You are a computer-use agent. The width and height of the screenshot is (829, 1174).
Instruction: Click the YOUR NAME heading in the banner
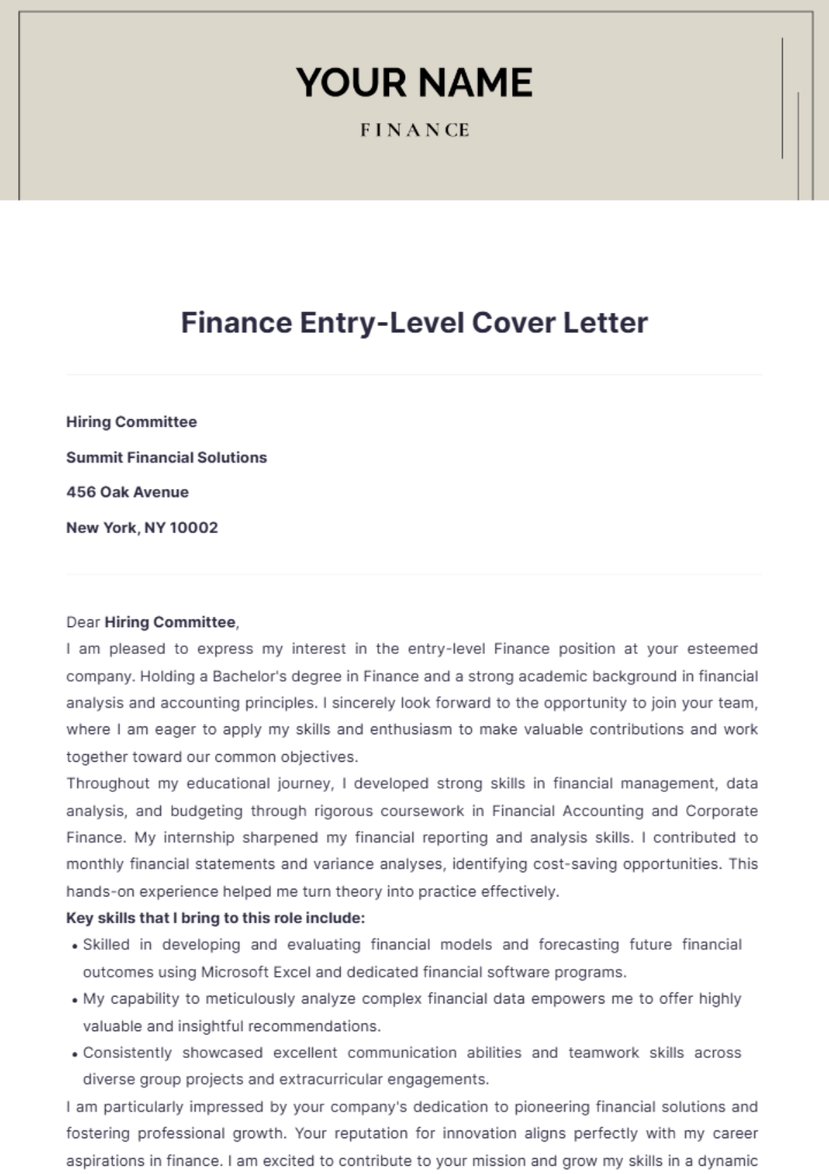tap(414, 82)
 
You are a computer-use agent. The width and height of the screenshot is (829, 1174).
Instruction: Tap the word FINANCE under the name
tap(414, 130)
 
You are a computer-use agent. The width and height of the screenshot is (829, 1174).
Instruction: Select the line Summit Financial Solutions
tap(166, 457)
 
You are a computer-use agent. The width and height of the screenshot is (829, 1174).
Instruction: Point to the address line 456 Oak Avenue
tap(127, 492)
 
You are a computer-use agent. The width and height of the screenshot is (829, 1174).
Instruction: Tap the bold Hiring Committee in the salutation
tap(170, 622)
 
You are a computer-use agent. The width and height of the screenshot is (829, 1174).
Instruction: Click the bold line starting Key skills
tap(215, 918)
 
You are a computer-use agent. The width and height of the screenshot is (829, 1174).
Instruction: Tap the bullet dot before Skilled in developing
tap(75, 947)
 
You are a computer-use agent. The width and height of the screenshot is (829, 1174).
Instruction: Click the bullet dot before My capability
tap(75, 1001)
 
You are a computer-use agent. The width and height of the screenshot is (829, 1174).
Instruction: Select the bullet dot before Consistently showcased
tap(75, 1055)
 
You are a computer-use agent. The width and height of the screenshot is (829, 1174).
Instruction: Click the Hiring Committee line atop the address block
tap(131, 422)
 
